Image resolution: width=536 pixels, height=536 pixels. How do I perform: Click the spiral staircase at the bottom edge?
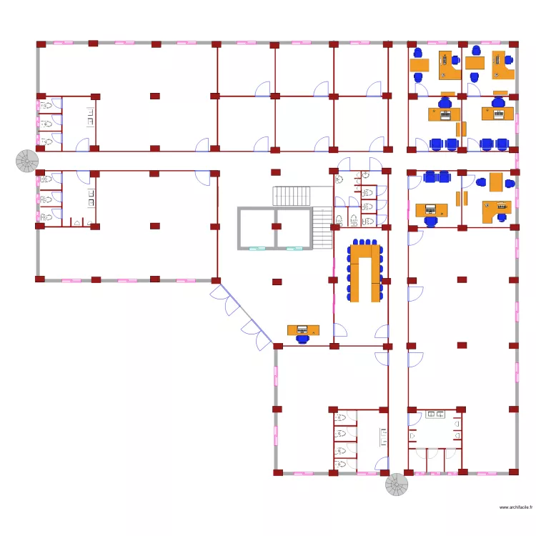(x=397, y=486)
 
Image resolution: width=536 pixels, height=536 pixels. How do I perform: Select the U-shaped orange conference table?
(x=364, y=272)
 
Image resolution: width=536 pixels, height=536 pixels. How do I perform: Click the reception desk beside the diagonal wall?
(x=302, y=329)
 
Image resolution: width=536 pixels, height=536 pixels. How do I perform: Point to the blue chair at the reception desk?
(x=302, y=339)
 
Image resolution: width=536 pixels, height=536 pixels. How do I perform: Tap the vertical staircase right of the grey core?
(x=323, y=228)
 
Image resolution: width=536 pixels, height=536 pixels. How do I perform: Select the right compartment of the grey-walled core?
(x=293, y=229)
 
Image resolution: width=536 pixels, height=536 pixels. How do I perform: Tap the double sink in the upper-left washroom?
(x=91, y=116)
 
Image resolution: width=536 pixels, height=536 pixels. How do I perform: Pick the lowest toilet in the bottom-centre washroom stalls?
(x=341, y=464)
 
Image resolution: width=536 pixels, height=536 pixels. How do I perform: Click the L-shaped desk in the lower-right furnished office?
(x=497, y=211)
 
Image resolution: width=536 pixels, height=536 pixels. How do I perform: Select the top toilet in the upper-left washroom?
(x=47, y=106)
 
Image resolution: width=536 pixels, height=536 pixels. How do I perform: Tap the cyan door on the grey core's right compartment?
(x=294, y=249)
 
